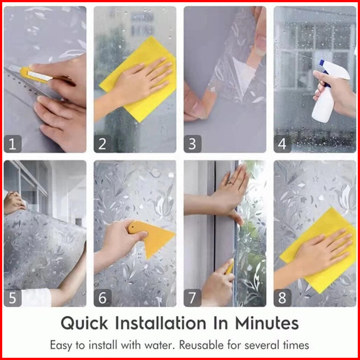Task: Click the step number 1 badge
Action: pyautogui.click(x=12, y=144)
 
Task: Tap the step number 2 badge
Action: pyautogui.click(x=103, y=144)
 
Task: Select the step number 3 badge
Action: pyautogui.click(x=192, y=144)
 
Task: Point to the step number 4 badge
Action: pyautogui.click(x=283, y=144)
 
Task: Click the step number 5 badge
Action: pyautogui.click(x=12, y=298)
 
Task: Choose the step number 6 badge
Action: pyautogui.click(x=103, y=298)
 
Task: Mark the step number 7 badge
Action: pyautogui.click(x=192, y=298)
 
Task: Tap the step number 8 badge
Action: pyautogui.click(x=283, y=298)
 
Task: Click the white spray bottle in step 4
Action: pyautogui.click(x=328, y=92)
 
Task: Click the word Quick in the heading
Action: pyautogui.click(x=84, y=323)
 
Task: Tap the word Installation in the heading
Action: pyautogui.click(x=160, y=323)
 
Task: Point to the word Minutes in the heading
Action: pyautogui.click(x=267, y=323)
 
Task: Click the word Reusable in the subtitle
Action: pyautogui.click(x=201, y=345)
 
